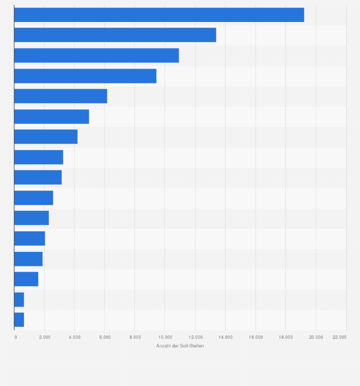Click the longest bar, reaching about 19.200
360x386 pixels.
click(159, 15)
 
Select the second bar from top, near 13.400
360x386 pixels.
click(115, 35)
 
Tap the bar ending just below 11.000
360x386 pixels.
click(96, 55)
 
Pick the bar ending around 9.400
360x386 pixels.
click(85, 76)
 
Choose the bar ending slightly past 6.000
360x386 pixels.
click(61, 96)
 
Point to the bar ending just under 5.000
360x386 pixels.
click(52, 116)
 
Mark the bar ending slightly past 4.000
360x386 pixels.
click(46, 136)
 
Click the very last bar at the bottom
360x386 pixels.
click(19, 320)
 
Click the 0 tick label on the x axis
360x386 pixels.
click(16, 337)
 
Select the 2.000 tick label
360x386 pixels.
click(44, 337)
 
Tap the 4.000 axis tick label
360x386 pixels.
click(74, 337)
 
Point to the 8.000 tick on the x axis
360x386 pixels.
click(135, 337)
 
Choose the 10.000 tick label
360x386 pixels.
click(165, 337)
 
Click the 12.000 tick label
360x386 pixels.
click(195, 337)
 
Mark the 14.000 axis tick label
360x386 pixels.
click(225, 337)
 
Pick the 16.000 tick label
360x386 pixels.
click(255, 337)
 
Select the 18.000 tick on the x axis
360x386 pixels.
click(286, 337)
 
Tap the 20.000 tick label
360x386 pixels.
click(316, 337)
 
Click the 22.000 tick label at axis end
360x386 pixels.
click(339, 337)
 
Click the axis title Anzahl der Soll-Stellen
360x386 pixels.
click(180, 345)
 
